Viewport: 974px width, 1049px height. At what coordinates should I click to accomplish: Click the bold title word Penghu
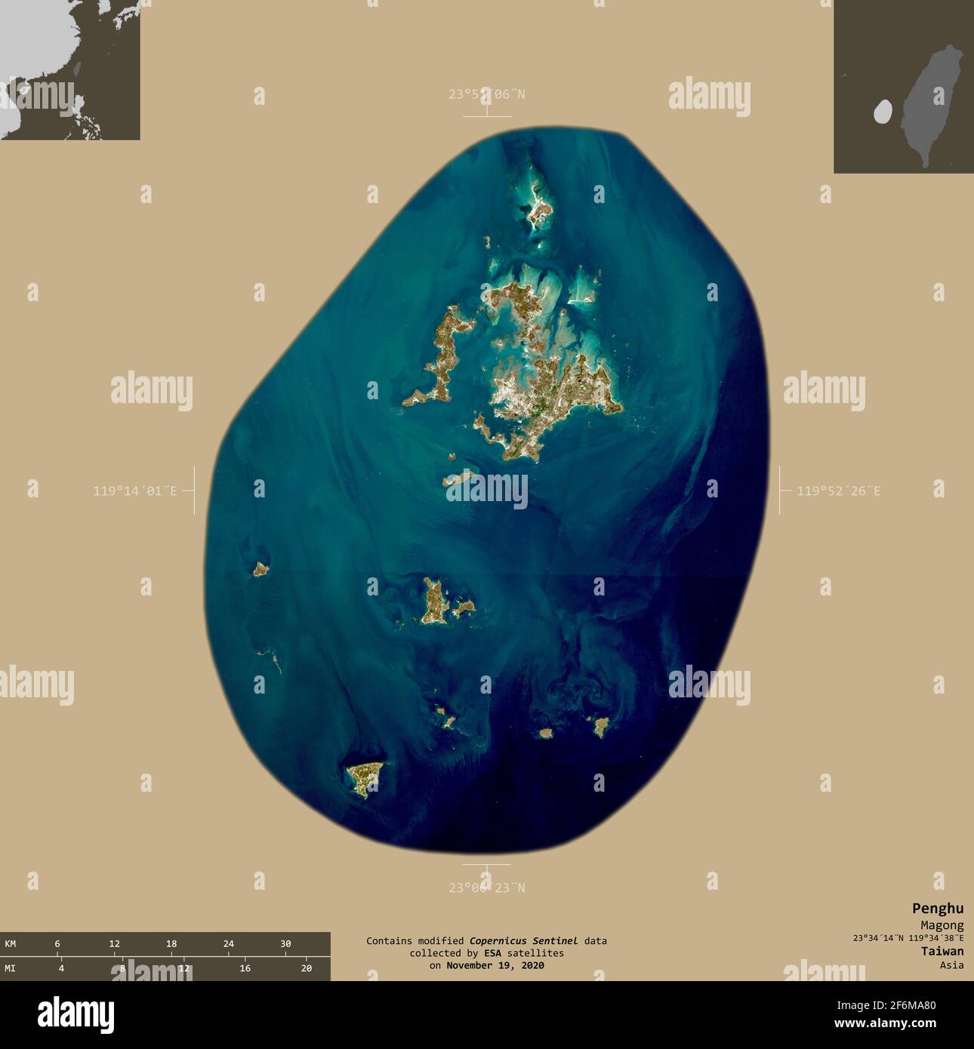click(x=937, y=909)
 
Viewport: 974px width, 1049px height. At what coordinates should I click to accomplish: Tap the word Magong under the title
click(x=942, y=925)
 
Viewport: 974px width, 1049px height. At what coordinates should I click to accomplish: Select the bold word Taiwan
click(x=942, y=952)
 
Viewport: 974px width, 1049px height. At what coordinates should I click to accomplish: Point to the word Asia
click(x=951, y=965)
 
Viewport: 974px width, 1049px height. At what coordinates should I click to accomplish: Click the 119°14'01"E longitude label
click(x=134, y=491)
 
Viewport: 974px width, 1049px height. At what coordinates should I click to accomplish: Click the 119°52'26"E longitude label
click(x=838, y=491)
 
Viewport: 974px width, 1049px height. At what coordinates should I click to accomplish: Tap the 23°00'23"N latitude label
click(x=486, y=888)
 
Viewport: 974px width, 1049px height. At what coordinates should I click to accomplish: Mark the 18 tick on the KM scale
click(x=171, y=944)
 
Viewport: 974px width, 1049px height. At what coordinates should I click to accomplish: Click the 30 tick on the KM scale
click(x=285, y=944)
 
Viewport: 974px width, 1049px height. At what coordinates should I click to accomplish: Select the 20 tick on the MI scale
click(x=306, y=968)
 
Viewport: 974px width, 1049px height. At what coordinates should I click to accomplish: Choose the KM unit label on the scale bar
click(x=11, y=944)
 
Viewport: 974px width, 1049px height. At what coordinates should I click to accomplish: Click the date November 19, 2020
click(x=495, y=965)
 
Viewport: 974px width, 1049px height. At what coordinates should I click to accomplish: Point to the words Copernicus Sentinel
click(x=523, y=941)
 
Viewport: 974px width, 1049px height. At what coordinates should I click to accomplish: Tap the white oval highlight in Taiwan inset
click(x=882, y=112)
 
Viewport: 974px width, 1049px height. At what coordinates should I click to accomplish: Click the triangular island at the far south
click(x=365, y=777)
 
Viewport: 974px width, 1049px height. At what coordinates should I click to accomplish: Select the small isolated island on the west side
click(x=260, y=569)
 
